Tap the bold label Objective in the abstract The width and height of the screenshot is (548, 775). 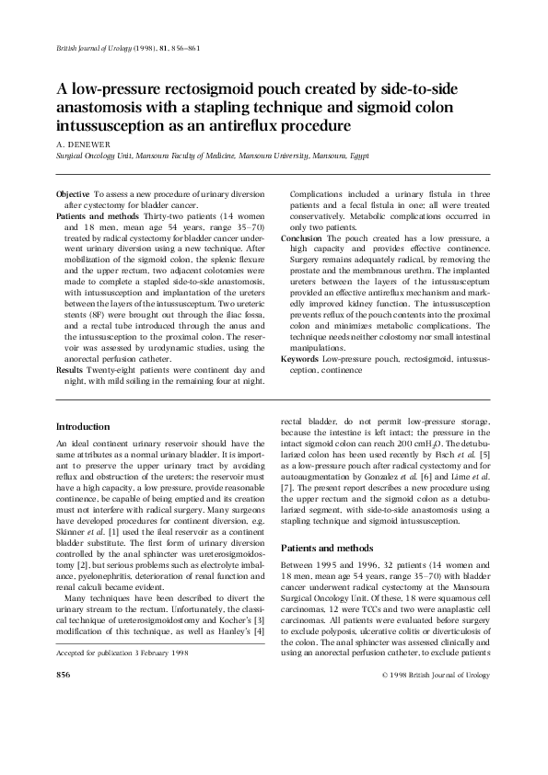click(73, 195)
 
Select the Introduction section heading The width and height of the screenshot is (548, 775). click(83, 427)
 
